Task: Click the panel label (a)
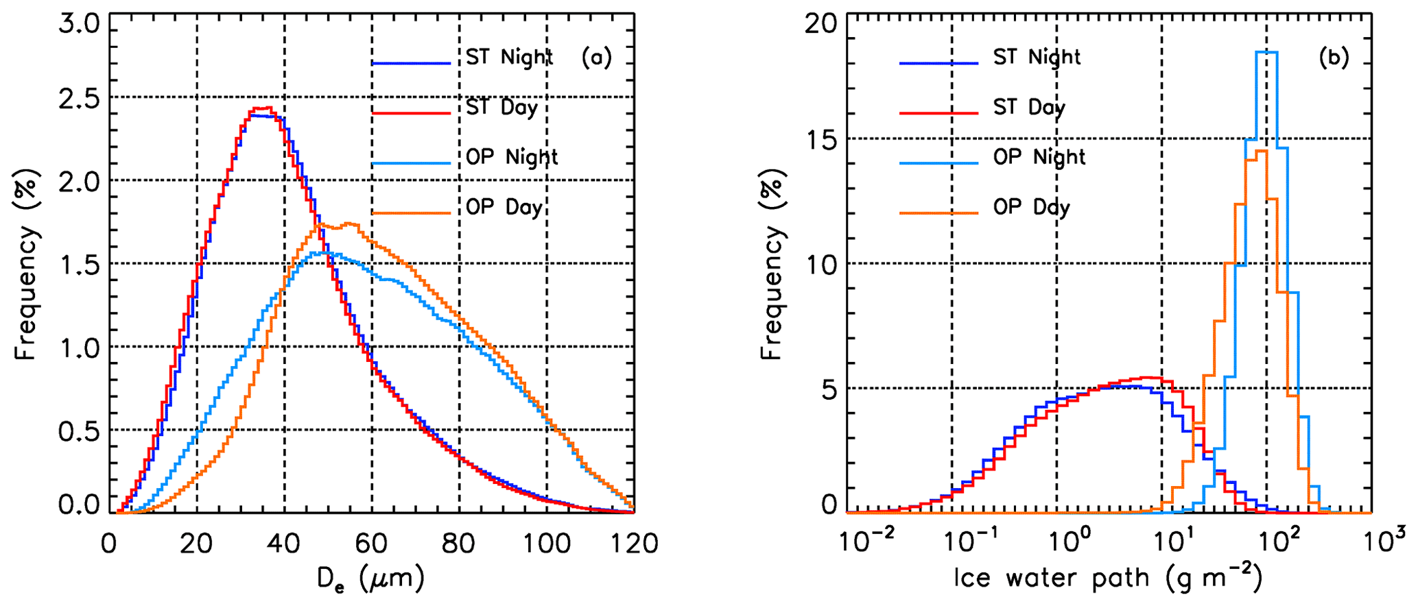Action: (x=596, y=58)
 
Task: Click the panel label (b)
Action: (x=1334, y=58)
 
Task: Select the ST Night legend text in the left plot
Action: (x=509, y=58)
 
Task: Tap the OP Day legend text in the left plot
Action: (x=504, y=208)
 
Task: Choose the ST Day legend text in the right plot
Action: (x=1029, y=108)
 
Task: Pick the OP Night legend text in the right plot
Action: (x=1039, y=158)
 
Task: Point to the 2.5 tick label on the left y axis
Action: (x=79, y=98)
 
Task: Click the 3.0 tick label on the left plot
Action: (x=79, y=25)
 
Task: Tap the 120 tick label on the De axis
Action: (x=633, y=544)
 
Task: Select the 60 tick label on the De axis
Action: (x=372, y=544)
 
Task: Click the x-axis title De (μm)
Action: (x=370, y=580)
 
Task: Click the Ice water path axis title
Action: (x=1108, y=578)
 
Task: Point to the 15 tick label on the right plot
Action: (x=820, y=139)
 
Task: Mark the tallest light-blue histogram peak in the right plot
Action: (x=1266, y=52)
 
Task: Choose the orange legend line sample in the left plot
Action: (x=411, y=213)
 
